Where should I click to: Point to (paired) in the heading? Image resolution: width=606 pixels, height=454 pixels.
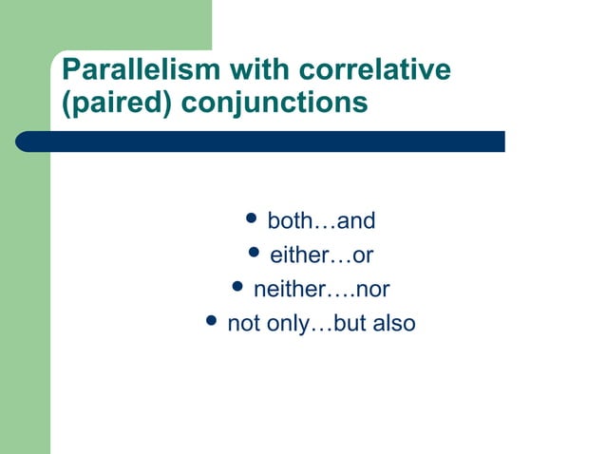click(x=115, y=103)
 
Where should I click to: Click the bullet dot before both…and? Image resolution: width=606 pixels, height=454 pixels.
click(x=252, y=220)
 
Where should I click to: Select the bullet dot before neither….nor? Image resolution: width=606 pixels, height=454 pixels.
click(x=237, y=288)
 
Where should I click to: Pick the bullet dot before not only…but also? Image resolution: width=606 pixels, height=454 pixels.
click(x=212, y=322)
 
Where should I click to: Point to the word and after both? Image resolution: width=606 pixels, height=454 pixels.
click(x=357, y=221)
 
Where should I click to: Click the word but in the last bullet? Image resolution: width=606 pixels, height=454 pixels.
click(x=350, y=324)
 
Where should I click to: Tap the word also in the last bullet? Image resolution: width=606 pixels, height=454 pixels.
click(x=393, y=324)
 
